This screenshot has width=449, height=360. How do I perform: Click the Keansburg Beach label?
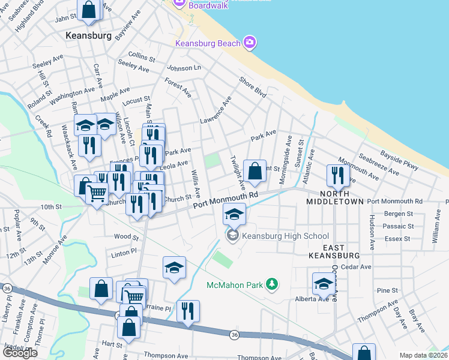pyautogui.click(x=208, y=43)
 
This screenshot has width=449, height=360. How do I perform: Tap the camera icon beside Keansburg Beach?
pyautogui.click(x=250, y=43)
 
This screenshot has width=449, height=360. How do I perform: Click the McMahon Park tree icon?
pyautogui.click(x=272, y=284)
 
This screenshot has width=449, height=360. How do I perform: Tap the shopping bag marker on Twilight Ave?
pyautogui.click(x=255, y=170)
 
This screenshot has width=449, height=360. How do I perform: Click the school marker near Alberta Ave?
pyautogui.click(x=324, y=283)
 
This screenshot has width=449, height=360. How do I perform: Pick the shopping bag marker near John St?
pyautogui.click(x=88, y=10)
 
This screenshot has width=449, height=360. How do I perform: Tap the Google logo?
pyautogui.click(x=20, y=353)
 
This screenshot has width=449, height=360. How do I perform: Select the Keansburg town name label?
pyautogui.click(x=88, y=35)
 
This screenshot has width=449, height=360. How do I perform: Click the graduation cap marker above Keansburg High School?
pyautogui.click(x=234, y=213)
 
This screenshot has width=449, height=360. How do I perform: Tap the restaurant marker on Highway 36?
pyautogui.click(x=188, y=311)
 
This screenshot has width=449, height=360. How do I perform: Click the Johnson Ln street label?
pyautogui.click(x=184, y=68)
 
